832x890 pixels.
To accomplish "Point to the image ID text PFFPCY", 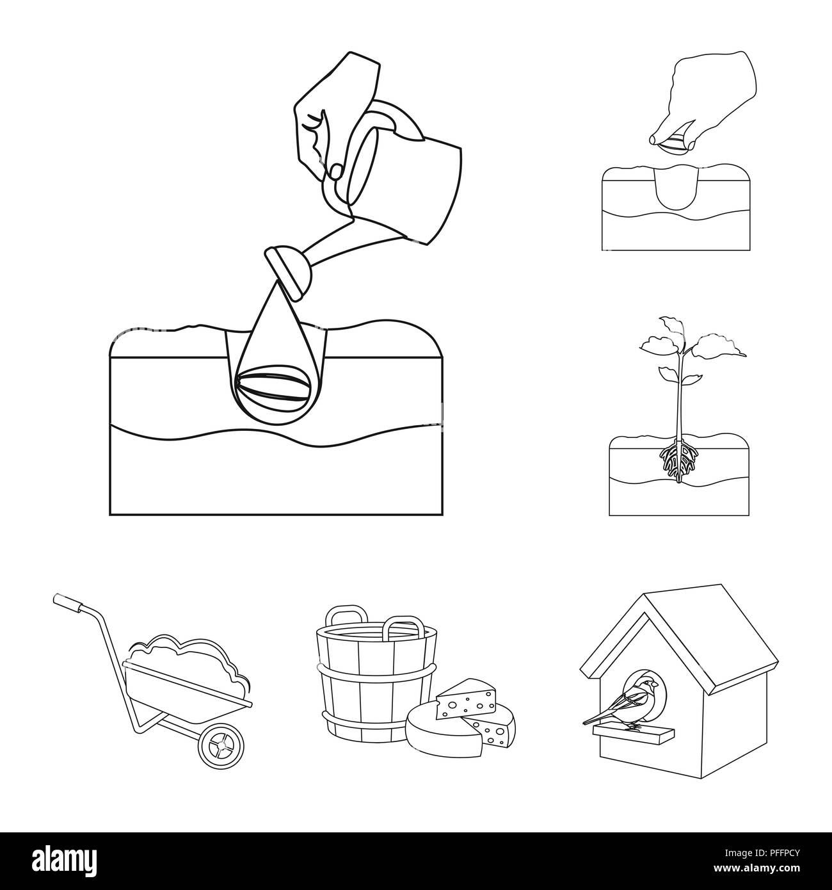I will tap(768, 853).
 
